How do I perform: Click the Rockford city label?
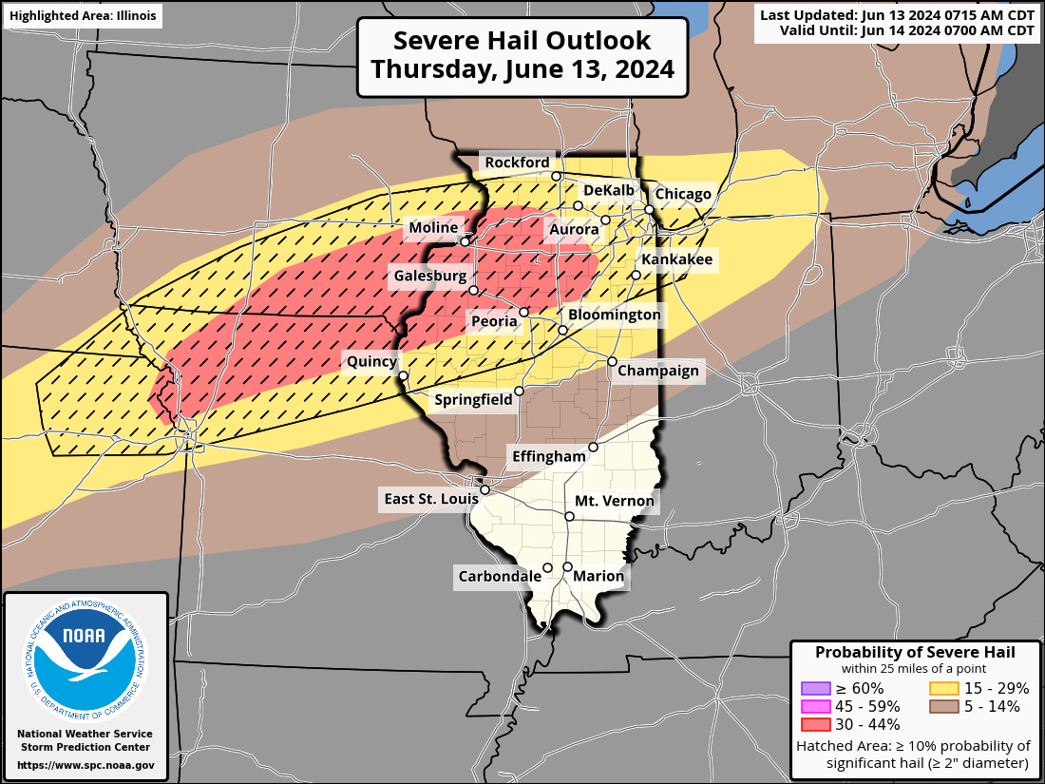(x=517, y=163)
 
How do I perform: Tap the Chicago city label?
(x=683, y=194)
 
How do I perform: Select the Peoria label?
(x=494, y=321)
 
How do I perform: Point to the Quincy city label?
(x=371, y=361)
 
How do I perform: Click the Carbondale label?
(x=494, y=576)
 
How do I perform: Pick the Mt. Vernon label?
(x=615, y=501)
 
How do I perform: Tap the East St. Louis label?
(x=427, y=498)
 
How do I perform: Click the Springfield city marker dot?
(x=519, y=391)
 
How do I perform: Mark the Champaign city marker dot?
(x=612, y=361)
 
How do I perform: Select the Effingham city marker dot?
(x=593, y=447)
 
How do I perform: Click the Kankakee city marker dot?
(x=636, y=275)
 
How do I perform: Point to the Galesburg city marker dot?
(x=473, y=290)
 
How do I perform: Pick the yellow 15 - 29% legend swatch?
(x=943, y=688)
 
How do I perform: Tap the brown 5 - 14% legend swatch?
(x=943, y=706)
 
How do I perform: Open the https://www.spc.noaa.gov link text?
(x=85, y=764)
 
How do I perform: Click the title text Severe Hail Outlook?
(x=522, y=41)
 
